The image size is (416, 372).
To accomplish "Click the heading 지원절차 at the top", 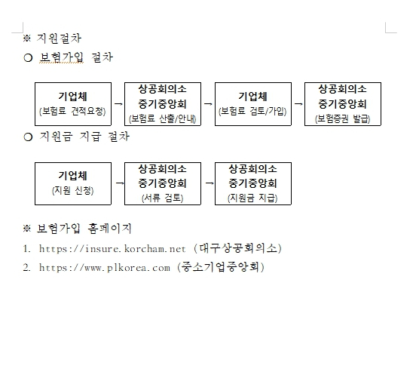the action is [59, 38].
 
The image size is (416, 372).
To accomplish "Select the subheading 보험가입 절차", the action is [76, 57].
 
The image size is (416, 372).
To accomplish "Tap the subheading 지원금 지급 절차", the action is [84, 137].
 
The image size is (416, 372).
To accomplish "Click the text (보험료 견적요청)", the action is [72, 111].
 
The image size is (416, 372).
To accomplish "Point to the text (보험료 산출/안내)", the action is [162, 118].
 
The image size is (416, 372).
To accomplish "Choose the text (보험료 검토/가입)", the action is [252, 111].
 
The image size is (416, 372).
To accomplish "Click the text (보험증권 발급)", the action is [342, 118].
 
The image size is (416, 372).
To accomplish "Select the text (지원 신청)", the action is [72, 190].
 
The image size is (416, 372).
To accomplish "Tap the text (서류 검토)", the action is [162, 198].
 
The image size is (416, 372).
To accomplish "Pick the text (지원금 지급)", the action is [252, 198].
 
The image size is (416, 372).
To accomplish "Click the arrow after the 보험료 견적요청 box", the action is [118, 104].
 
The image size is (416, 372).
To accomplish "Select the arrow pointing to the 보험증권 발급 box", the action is [298, 104].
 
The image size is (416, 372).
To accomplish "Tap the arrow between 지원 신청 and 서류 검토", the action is [120, 183].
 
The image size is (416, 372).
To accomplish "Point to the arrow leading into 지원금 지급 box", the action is [210, 183].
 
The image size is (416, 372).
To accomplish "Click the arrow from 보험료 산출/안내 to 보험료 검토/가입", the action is [208, 104].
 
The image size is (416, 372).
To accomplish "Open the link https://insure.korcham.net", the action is [112, 249].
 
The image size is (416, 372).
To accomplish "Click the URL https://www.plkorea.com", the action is [105, 268].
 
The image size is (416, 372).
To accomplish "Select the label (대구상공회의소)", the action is [237, 248].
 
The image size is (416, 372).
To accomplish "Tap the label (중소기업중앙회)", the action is [221, 267].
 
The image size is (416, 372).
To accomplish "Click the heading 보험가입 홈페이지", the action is [84, 229].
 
